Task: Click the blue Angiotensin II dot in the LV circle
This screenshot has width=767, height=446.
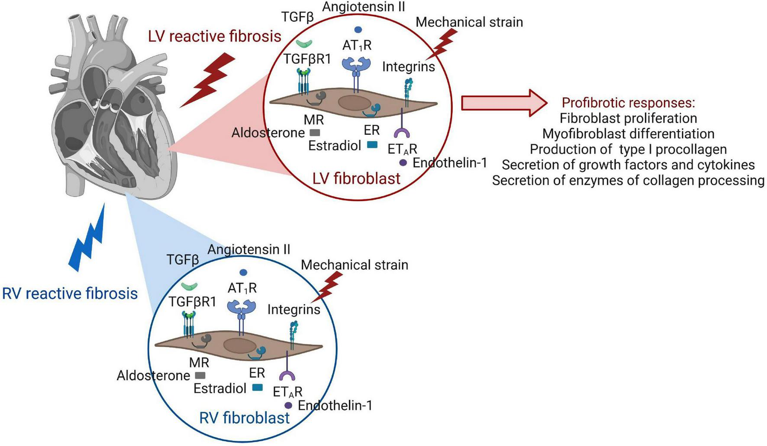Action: (358, 30)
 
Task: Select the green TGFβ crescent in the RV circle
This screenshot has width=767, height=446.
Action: (189, 286)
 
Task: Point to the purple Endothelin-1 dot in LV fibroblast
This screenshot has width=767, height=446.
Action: (403, 163)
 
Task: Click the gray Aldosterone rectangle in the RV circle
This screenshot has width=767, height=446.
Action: (200, 375)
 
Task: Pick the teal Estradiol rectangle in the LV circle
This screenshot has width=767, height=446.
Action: (372, 145)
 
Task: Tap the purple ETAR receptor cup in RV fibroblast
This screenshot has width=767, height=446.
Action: (287, 375)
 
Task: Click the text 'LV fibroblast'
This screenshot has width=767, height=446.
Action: (356, 178)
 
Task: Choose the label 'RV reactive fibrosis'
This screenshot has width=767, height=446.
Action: (70, 293)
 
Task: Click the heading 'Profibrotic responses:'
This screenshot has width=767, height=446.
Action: (628, 103)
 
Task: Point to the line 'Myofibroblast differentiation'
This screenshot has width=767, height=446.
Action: (628, 133)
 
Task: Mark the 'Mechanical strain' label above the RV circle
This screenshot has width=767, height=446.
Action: (354, 265)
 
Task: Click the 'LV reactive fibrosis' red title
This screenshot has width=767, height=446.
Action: (215, 36)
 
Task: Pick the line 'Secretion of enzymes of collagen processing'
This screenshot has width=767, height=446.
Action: (628, 180)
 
